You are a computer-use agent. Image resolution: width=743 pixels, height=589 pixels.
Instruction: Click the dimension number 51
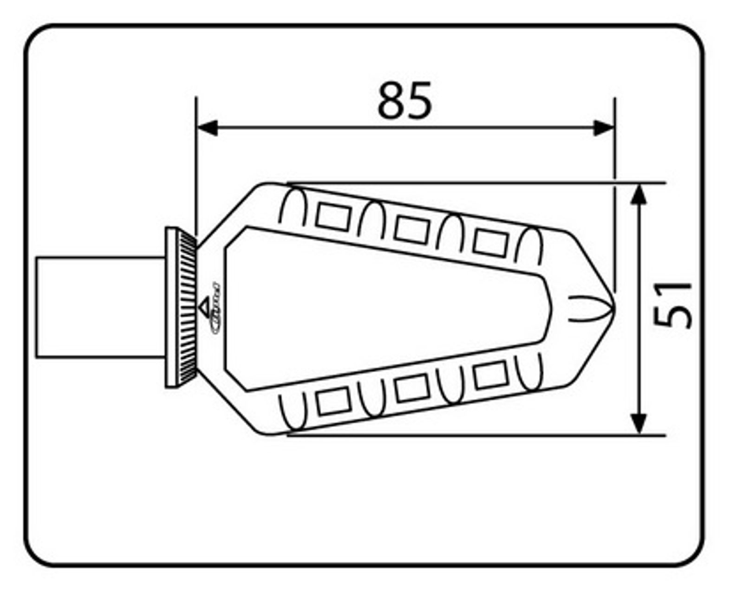[x=672, y=304]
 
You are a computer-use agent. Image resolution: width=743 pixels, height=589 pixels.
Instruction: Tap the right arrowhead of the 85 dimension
[x=604, y=127]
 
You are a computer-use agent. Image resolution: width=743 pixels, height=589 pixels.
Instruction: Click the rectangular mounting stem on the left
[x=100, y=307]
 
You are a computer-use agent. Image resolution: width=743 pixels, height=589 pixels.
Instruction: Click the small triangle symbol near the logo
[x=204, y=307]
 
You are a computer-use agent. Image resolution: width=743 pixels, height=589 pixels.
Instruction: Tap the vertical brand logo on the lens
[x=215, y=307]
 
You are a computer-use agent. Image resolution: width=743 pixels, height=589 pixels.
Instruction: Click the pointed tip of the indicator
[x=612, y=307]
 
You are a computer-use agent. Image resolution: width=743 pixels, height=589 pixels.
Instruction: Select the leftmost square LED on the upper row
[x=332, y=217]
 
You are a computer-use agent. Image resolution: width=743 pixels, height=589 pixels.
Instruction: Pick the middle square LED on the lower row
[x=412, y=388]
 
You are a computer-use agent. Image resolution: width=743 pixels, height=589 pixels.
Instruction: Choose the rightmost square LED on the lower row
[x=490, y=375]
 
